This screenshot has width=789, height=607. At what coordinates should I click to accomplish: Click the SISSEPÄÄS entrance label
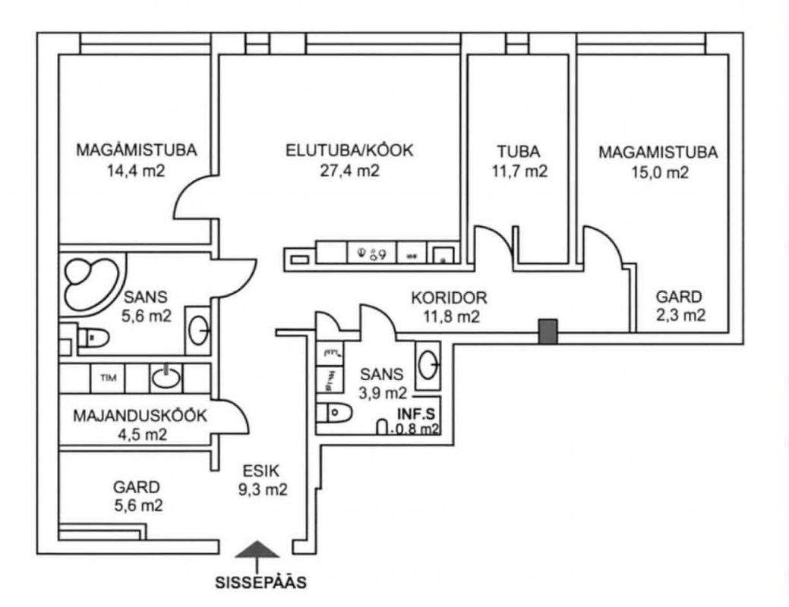coord(261,583)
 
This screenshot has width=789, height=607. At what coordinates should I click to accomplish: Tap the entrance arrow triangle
coord(259,550)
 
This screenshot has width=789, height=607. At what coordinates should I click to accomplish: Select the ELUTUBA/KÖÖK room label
coord(349,150)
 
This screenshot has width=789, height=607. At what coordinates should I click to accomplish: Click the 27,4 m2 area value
coord(349,171)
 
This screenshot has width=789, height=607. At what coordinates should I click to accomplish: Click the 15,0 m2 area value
coord(658,172)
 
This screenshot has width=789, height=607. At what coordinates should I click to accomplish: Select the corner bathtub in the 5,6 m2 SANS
coord(90,282)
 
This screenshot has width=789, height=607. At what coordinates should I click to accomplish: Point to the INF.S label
coord(415,415)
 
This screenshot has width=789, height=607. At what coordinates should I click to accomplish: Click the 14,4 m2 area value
coord(137,171)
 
